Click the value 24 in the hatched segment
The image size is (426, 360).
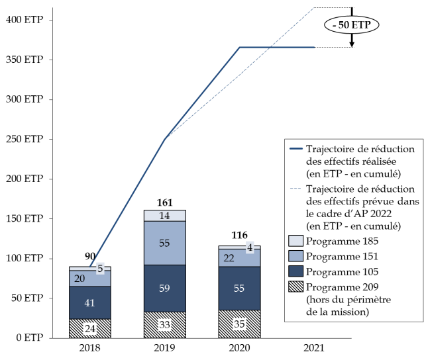pos(89,329)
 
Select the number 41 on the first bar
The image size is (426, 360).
pos(89,303)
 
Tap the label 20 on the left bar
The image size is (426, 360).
pos(80,279)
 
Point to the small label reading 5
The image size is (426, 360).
pos(100,268)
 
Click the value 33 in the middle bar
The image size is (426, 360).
pos(164,325)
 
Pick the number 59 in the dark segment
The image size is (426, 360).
pos(164,289)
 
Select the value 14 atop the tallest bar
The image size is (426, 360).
pos(164,216)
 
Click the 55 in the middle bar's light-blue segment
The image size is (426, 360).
pos(164,243)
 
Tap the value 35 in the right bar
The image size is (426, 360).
pos(239,324)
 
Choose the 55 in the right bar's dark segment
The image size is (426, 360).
pos(239,289)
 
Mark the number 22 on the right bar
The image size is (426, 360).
pos(229,258)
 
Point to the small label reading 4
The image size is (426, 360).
pos(250,247)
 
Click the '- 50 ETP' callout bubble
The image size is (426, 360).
pos(352,25)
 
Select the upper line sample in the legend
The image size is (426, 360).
pos(296,149)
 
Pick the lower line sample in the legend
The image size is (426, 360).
pos(296,189)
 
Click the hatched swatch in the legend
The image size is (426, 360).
pos(296,287)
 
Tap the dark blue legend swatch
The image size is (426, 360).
pos(296,271)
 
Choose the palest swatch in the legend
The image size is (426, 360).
pos(296,241)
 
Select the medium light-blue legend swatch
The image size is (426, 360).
pos(296,256)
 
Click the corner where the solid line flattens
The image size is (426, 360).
pos(240,48)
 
